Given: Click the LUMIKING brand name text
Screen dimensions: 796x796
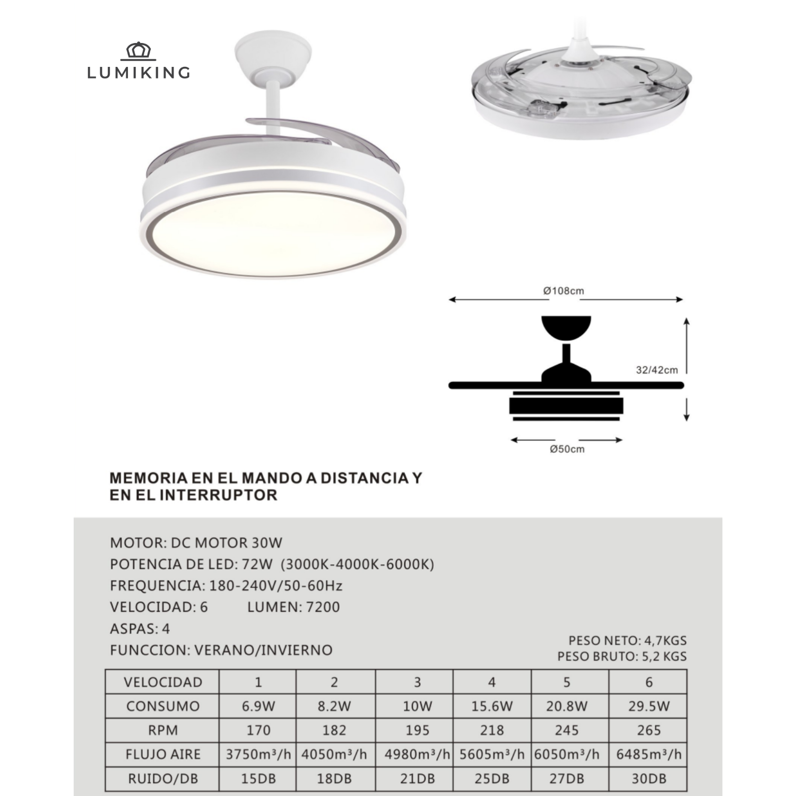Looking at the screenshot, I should click(139, 72).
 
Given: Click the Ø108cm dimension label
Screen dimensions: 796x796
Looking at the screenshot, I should click(564, 291).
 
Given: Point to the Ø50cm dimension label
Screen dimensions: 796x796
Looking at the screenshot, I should click(567, 449).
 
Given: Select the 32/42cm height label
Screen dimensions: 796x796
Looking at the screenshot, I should click(657, 370).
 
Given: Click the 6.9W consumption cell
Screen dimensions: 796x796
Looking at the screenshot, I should click(258, 706).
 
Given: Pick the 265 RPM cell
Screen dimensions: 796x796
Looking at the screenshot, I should click(648, 730).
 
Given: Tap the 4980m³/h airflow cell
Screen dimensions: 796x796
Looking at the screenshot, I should click(417, 754).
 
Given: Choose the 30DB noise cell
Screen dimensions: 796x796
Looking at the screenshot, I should click(648, 778).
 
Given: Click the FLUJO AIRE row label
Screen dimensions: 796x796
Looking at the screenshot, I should click(163, 754).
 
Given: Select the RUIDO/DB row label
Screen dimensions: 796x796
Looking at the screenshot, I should click(163, 778).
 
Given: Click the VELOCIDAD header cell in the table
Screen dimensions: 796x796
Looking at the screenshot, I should click(163, 682).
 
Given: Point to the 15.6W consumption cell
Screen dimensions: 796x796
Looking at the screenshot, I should click(492, 706).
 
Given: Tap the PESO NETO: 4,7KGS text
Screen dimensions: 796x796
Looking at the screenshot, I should click(627, 641).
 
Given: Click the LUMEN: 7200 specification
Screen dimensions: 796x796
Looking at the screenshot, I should click(293, 607).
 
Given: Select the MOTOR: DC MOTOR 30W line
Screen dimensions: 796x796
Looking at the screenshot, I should click(196, 543).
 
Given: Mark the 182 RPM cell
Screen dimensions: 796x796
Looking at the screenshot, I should click(334, 730).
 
